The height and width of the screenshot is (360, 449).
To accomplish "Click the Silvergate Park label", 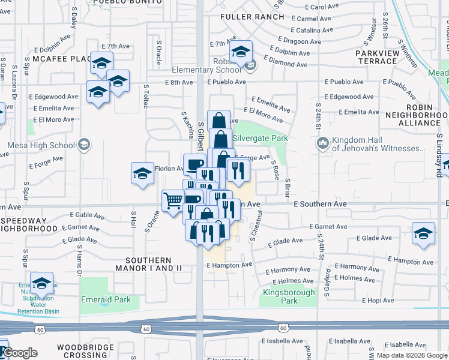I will pyautogui.click(x=260, y=138).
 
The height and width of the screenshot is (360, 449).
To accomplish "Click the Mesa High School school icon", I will pyautogui.click(x=84, y=144).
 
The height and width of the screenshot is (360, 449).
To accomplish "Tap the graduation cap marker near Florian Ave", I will pyautogui.click(x=142, y=173).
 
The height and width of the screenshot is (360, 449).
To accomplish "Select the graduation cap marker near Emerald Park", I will pyautogui.click(x=41, y=283).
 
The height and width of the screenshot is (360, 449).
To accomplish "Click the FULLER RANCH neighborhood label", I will pyautogui.click(x=252, y=17).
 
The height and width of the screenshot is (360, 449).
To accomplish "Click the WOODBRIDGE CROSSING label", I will pyautogui.click(x=82, y=351).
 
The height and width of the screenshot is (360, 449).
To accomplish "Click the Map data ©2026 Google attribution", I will pyautogui.click(x=411, y=355).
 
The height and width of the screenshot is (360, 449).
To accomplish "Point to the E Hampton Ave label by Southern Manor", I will pyautogui.click(x=230, y=265).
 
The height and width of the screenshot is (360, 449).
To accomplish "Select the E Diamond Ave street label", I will pyautogui.click(x=288, y=64).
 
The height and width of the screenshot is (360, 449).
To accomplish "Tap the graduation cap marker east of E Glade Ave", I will pyautogui.click(x=423, y=233).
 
